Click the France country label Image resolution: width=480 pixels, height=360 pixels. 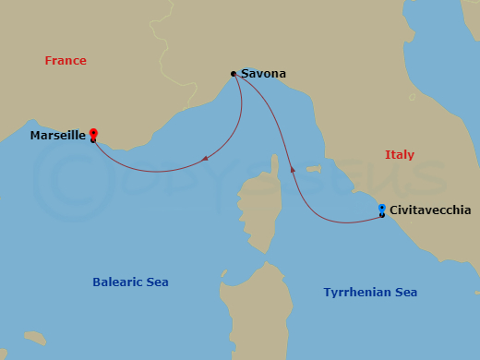66,61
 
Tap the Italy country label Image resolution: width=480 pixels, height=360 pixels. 399,155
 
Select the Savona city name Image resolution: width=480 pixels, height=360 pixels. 264,74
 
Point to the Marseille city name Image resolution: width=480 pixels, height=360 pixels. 57,136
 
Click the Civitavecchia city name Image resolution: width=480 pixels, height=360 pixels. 430,210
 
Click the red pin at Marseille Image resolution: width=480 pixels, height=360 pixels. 93,135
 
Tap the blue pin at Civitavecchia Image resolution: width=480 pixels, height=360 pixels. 381,210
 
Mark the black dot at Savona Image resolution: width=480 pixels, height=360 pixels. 234,74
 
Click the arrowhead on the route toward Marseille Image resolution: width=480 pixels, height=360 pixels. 204,159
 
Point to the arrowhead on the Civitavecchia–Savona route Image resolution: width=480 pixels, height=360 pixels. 293,170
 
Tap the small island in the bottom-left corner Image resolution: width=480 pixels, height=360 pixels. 35,338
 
